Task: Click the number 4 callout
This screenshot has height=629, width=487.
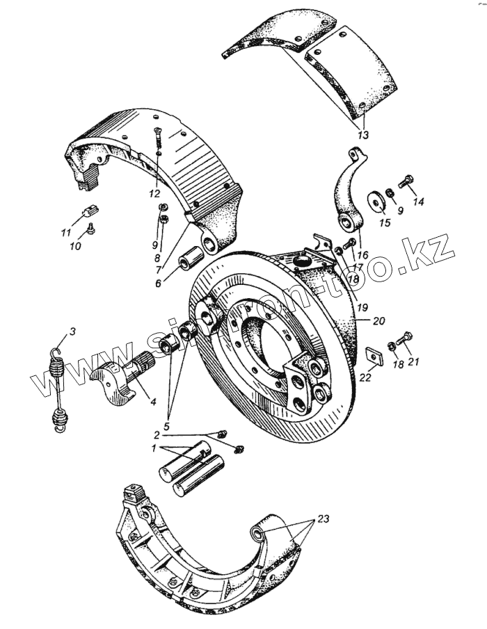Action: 152,401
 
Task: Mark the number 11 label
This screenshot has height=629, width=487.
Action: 66,232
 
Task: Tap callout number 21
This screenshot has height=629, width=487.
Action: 414,361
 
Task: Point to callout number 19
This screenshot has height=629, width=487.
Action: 360,306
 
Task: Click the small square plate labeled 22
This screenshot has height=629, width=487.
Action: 376,356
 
